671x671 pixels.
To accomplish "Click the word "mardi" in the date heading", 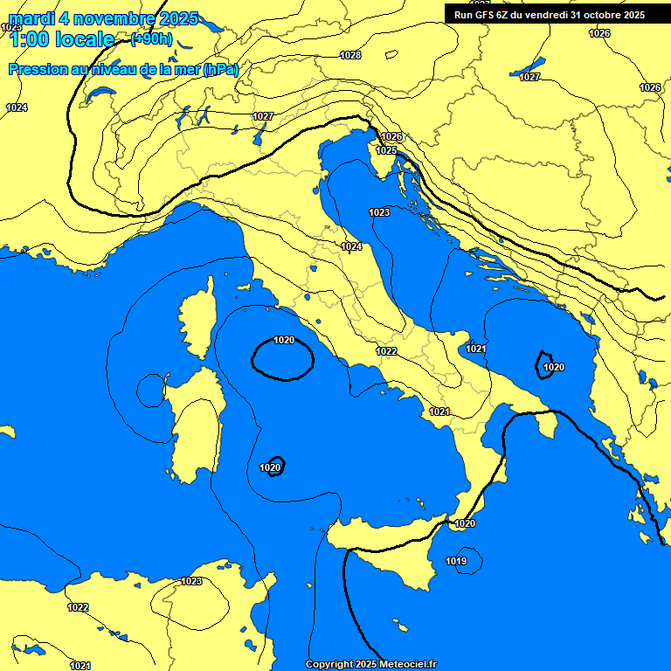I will (x=31, y=19).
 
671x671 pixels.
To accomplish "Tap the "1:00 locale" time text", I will (x=61, y=39).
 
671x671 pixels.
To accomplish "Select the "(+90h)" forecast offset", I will (x=151, y=39).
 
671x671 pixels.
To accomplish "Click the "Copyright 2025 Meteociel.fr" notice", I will (x=370, y=665).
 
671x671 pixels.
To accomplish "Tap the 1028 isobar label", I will (x=350, y=55).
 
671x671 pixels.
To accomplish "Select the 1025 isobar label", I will (x=386, y=150).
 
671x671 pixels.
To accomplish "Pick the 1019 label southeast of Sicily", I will (x=456, y=561).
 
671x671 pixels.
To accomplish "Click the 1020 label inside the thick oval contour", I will (x=284, y=340).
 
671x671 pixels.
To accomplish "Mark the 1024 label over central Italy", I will (x=351, y=247).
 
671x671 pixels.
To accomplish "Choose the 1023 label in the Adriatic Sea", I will (x=379, y=212).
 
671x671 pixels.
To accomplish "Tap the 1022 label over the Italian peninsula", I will (x=386, y=351).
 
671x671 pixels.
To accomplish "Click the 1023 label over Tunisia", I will (x=191, y=581).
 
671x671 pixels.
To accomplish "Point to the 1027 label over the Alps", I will (x=263, y=116).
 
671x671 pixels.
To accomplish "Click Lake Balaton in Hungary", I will (x=528, y=67).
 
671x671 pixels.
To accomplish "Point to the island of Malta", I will (x=401, y=626).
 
